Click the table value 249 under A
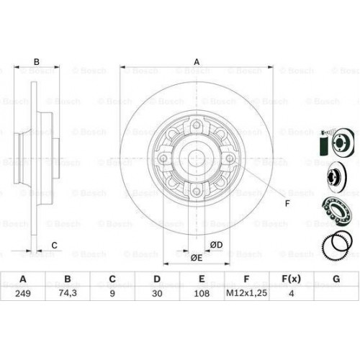[x=23, y=293]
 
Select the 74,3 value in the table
[x=68, y=293]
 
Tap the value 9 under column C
[x=112, y=293]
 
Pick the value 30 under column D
[x=157, y=293]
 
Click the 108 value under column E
[x=202, y=293]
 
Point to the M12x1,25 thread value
[x=246, y=293]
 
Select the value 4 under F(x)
[x=292, y=293]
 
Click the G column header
[x=336, y=279]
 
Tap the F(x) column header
[x=291, y=279]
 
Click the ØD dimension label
[x=216, y=245]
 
